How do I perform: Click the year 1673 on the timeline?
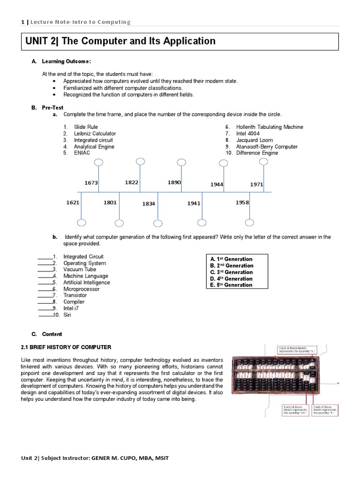point(91,183)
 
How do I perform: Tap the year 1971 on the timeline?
point(256,184)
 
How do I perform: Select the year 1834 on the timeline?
point(149,204)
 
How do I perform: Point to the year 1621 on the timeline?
point(73,202)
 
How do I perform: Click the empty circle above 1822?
point(140,162)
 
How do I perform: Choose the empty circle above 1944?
point(223,163)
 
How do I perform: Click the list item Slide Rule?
point(86,127)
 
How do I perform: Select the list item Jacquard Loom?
point(254,140)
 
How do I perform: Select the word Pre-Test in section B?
point(52,107)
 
